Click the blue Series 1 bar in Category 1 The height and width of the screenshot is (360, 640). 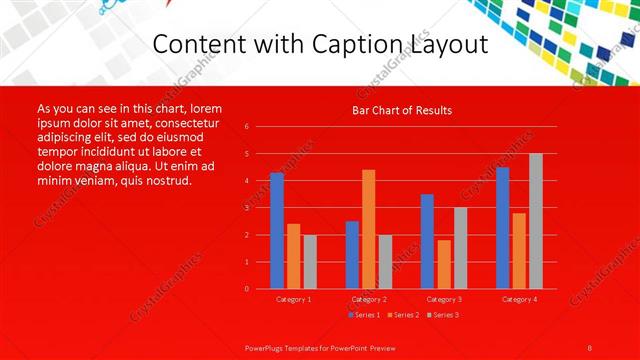tap(277, 231)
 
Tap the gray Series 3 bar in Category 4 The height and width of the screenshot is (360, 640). tap(536, 221)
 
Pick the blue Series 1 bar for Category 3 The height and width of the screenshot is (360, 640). tap(427, 241)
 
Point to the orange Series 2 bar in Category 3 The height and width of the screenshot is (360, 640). tap(444, 264)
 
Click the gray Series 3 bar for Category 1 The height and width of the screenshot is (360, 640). tap(310, 262)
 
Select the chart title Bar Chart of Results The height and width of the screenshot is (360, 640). tap(402, 110)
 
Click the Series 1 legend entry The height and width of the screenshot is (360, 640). tap(363, 315)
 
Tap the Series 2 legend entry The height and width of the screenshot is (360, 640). tap(402, 315)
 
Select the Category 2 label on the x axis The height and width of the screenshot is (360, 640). tap(369, 299)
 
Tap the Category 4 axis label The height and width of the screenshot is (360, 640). tap(519, 299)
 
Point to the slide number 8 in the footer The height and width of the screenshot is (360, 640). tap(590, 346)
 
